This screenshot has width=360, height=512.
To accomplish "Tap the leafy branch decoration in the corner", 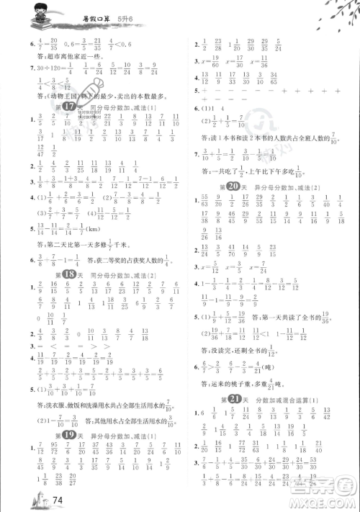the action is coord(332,18).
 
